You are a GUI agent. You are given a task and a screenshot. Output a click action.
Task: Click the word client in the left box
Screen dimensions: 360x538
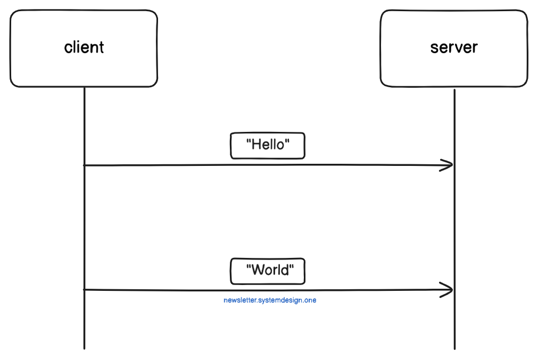pos(84,47)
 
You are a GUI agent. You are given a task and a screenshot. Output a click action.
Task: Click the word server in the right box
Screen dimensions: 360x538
pos(454,47)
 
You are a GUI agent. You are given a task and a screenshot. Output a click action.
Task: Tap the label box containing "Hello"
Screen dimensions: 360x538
pos(268,146)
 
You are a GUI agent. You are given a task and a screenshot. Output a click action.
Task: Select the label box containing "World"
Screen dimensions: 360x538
pos(268,271)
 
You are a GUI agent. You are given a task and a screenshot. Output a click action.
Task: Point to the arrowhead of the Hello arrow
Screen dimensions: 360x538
pos(450,165)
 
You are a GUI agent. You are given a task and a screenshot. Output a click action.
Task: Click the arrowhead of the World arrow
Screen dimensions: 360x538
pos(450,290)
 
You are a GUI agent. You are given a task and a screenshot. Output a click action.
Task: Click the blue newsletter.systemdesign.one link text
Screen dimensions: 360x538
pos(270,300)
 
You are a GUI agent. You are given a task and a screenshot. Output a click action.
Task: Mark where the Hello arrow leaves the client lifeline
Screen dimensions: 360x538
pos(84,165)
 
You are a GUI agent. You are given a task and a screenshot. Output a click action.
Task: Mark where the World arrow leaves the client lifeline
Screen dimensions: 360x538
pos(84,290)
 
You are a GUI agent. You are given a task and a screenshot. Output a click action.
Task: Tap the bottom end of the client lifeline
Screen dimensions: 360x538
pos(84,348)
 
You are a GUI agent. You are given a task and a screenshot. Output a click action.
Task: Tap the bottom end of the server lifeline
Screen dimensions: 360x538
pos(454,348)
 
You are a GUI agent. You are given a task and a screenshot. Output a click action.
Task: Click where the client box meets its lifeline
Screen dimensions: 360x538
pos(84,87)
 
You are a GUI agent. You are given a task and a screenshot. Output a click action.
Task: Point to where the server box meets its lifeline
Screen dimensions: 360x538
pos(454,88)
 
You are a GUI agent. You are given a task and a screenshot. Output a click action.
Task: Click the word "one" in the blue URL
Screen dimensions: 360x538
pos(310,300)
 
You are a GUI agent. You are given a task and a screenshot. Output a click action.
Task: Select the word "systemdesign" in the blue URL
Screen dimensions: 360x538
pos(279,300)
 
